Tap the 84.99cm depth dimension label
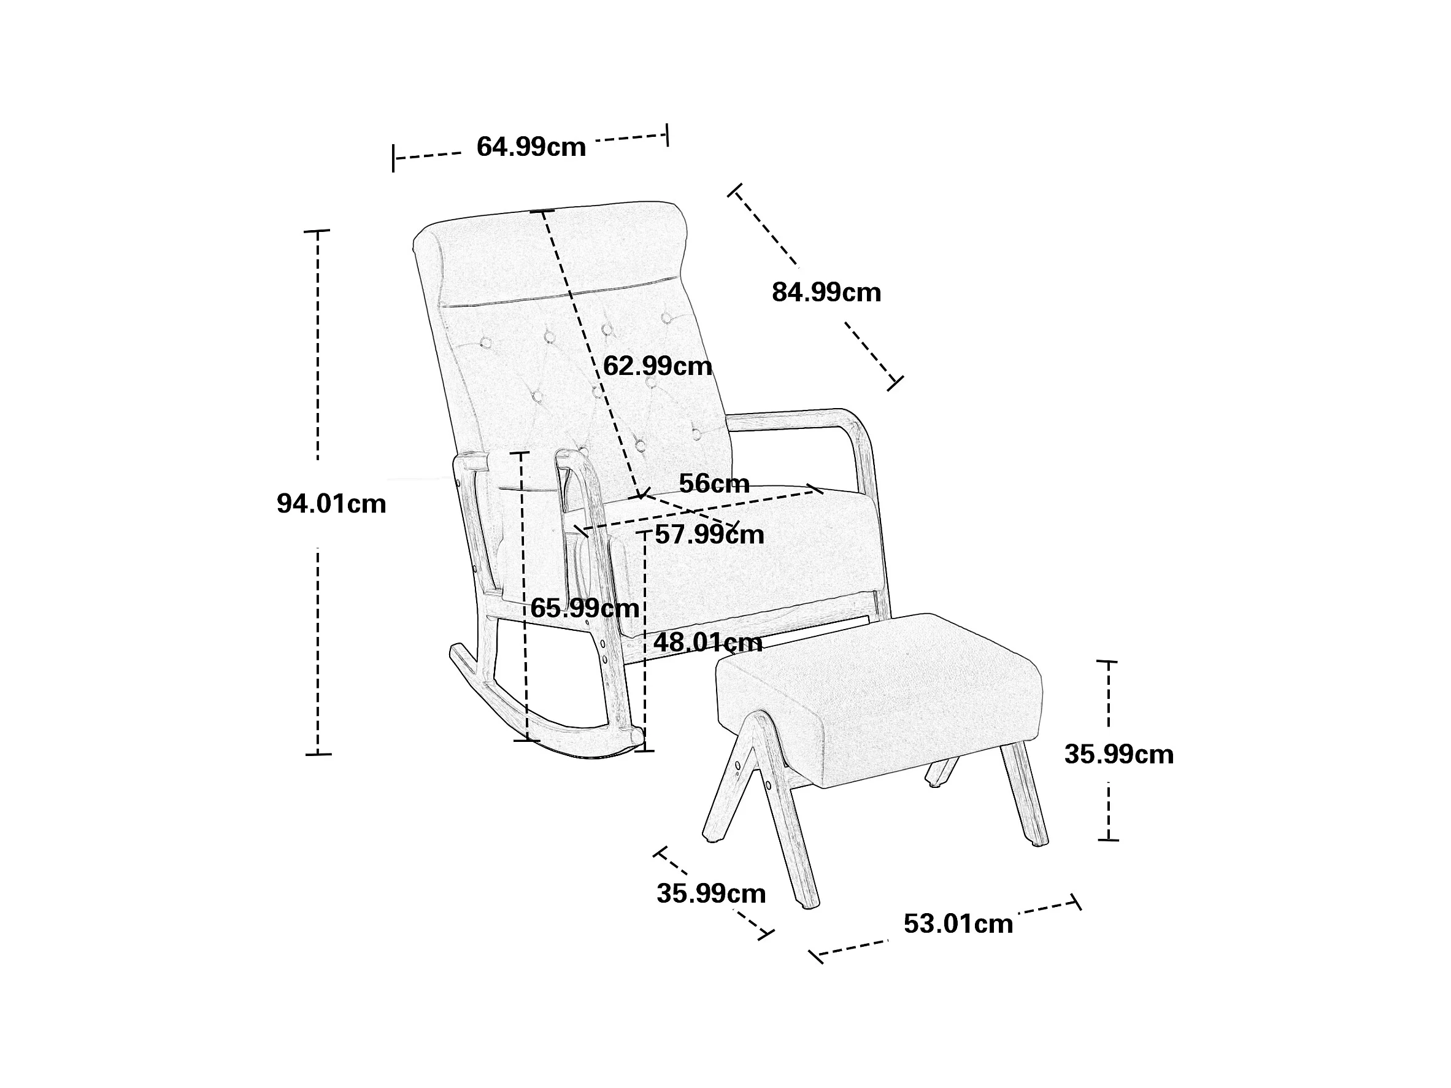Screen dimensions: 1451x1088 pos(826,292)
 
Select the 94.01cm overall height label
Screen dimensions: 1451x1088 pos(331,504)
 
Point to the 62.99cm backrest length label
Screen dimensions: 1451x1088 pos(657,366)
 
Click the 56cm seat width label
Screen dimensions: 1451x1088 pos(714,484)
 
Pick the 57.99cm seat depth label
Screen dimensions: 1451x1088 pos(710,535)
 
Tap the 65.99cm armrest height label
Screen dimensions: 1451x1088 pos(585,608)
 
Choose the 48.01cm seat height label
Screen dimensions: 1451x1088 pos(708,642)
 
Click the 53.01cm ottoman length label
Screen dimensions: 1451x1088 pos(958,924)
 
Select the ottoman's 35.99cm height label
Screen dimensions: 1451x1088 pos(1118,755)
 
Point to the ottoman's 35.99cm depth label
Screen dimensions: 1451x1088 pos(711,893)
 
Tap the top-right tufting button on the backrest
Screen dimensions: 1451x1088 pos(666,318)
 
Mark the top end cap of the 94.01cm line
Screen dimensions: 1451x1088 pos(317,231)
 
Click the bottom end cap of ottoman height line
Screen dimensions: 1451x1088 pos(1108,839)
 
